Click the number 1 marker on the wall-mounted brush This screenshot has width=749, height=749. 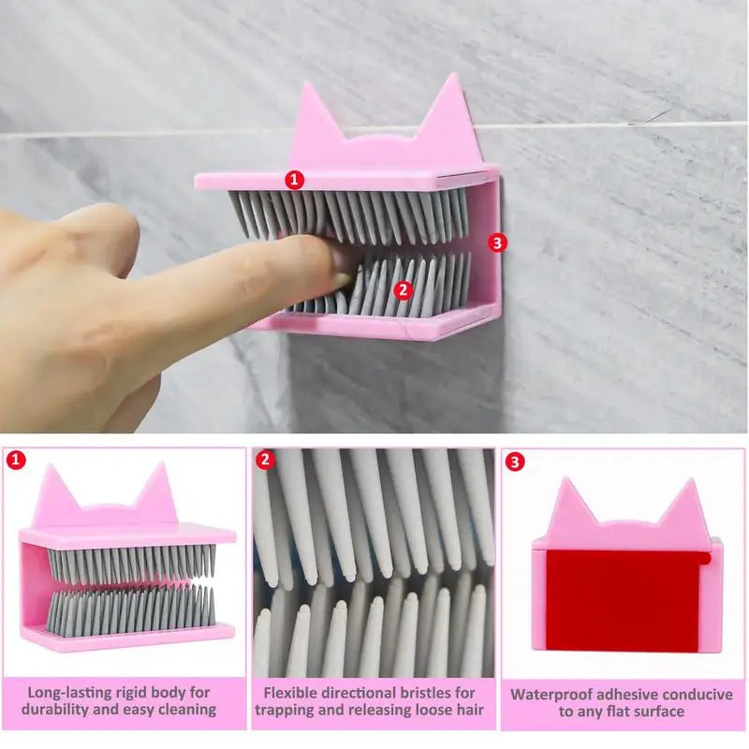coord(296,178)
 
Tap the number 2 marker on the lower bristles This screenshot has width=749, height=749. coord(404,290)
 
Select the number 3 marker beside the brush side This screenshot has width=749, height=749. coord(497,242)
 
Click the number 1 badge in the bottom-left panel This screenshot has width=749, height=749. coord(14,460)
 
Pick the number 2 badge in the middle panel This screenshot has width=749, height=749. coord(265,460)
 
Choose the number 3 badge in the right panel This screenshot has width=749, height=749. coord(515,461)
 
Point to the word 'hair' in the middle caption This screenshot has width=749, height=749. coord(466,710)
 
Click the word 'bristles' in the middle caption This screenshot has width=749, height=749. coord(421,693)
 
